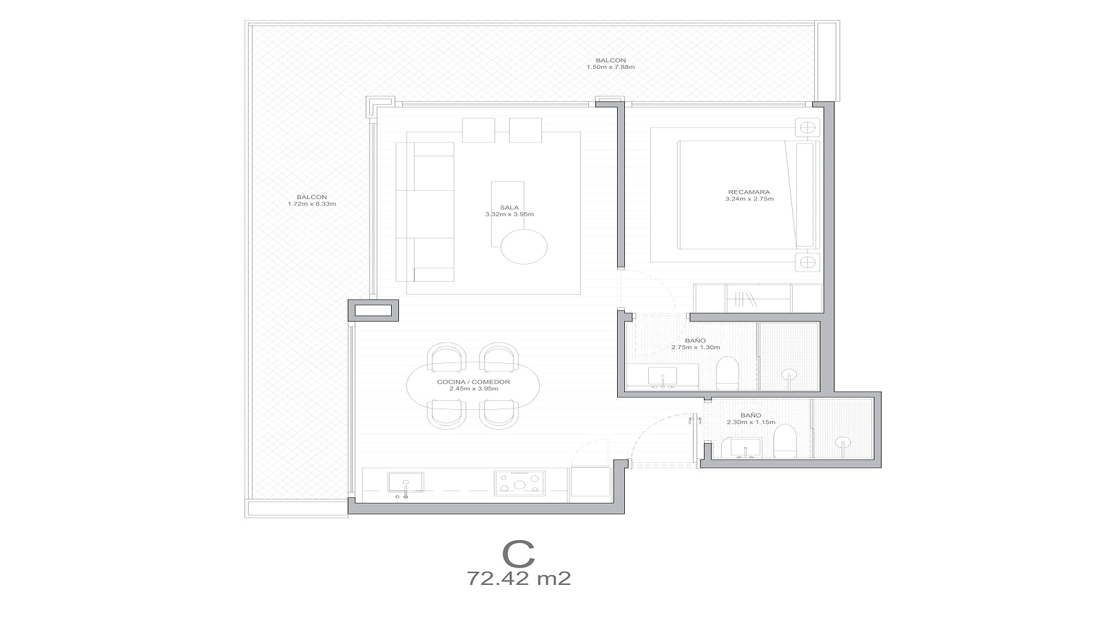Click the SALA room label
509,207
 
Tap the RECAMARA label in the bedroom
749,192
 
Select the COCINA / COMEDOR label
473,382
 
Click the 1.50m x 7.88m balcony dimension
610,67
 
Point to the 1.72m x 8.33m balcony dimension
312,204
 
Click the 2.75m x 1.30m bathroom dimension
695,347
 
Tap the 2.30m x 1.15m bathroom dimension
751,422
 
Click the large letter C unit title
519,554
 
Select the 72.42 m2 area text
519,579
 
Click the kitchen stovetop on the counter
519,483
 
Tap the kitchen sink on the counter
406,482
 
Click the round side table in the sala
524,246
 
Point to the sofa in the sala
425,211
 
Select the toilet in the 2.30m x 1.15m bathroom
784,442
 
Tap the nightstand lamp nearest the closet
807,262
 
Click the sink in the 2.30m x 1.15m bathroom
745,448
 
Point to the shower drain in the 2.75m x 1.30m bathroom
789,374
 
